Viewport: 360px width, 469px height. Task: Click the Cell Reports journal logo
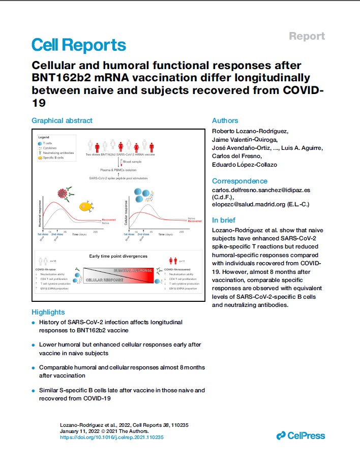click(x=78, y=45)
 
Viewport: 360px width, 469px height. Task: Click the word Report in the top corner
click(x=307, y=36)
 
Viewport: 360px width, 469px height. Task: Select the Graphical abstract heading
click(x=62, y=121)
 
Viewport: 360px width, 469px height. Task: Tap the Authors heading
click(x=225, y=121)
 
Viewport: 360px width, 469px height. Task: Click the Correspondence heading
click(x=239, y=181)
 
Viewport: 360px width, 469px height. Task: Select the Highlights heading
click(x=48, y=312)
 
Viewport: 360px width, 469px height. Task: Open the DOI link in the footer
click(x=112, y=436)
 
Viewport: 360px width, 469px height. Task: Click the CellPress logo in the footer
click(x=300, y=435)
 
